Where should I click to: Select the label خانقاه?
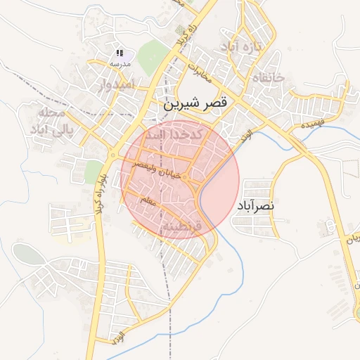point(266,77)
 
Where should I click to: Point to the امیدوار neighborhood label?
point(107,85)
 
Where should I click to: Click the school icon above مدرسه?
point(120,53)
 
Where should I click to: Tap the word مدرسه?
point(120,63)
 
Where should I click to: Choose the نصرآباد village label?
point(253,206)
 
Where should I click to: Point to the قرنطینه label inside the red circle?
point(181,227)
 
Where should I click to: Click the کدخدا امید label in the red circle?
point(179,134)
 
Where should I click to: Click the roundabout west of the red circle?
point(114,154)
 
